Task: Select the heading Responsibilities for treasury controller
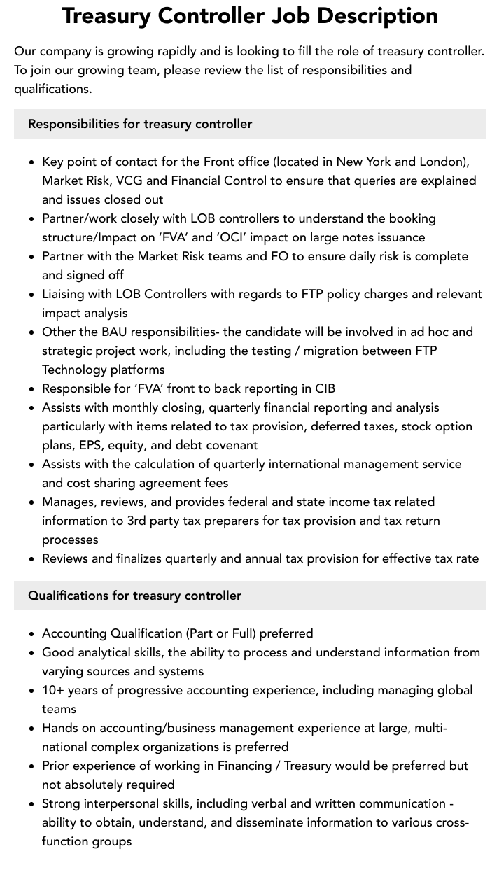coord(140,124)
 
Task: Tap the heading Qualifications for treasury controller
coord(134,596)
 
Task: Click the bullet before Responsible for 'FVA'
coord(32,389)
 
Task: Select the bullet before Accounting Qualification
coord(32,634)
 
